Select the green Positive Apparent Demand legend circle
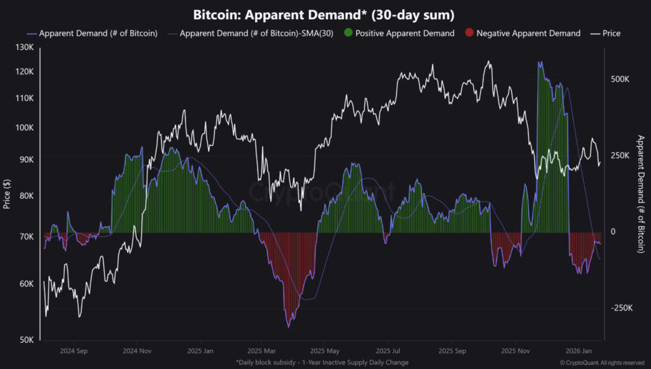(x=348, y=33)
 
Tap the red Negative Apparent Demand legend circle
(x=469, y=33)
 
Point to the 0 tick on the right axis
(x=613, y=232)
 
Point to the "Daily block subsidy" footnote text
(x=325, y=362)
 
